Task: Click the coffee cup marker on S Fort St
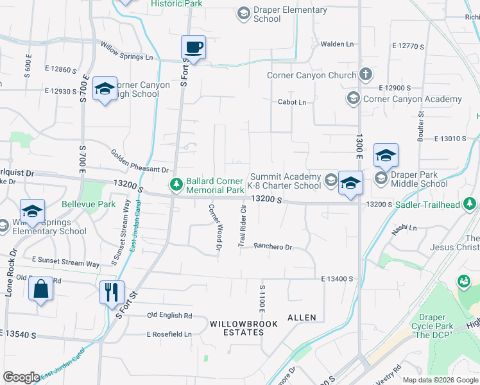(x=193, y=47)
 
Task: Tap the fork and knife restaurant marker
(x=112, y=292)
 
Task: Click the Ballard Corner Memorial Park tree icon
(x=176, y=185)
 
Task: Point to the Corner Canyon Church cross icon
(x=365, y=75)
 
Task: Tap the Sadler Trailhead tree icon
(x=471, y=204)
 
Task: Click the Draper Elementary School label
(x=290, y=14)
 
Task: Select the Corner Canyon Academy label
(x=413, y=99)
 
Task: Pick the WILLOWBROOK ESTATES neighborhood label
(x=244, y=329)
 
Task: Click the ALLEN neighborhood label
(x=302, y=318)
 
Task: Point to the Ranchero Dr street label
(x=273, y=246)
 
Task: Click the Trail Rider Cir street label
(x=243, y=226)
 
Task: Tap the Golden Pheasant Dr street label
(x=139, y=162)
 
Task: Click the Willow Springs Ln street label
(x=127, y=51)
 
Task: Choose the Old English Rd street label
(x=169, y=315)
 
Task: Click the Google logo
(x=22, y=377)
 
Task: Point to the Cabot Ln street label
(x=292, y=102)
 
